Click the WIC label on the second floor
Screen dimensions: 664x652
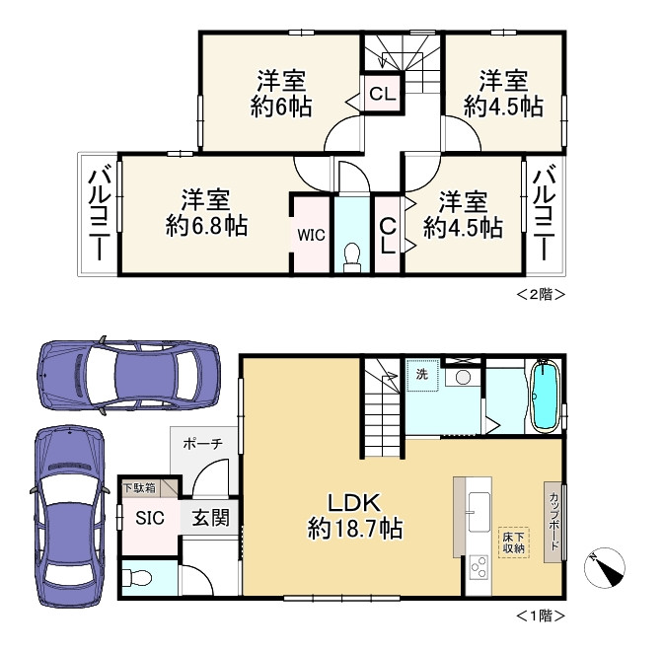pyautogui.click(x=311, y=235)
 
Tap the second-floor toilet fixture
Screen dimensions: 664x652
pyautogui.click(x=352, y=257)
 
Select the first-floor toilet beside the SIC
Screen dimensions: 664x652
pyautogui.click(x=137, y=577)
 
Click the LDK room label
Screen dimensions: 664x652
pyautogui.click(x=355, y=503)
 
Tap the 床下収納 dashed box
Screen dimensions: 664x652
pyautogui.click(x=514, y=543)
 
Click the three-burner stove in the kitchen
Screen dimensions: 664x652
pyautogui.click(x=480, y=566)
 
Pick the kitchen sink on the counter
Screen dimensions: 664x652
pyautogui.click(x=480, y=511)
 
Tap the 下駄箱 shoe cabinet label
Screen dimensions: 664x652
pyautogui.click(x=139, y=488)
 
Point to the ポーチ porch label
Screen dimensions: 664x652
pyautogui.click(x=203, y=444)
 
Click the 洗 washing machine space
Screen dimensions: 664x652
pyautogui.click(x=422, y=375)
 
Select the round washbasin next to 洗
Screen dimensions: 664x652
pyautogui.click(x=463, y=377)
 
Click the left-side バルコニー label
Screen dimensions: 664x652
pyautogui.click(x=99, y=214)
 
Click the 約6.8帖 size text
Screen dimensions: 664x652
pyautogui.click(x=206, y=226)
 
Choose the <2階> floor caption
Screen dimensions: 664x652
pyautogui.click(x=541, y=294)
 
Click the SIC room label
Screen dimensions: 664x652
pyautogui.click(x=150, y=518)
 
